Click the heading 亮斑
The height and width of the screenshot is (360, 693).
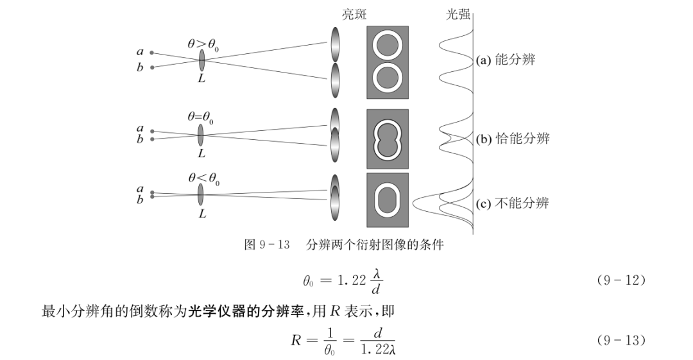[354, 14]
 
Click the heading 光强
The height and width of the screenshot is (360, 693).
[458, 14]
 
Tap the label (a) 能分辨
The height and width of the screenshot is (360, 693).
[505, 60]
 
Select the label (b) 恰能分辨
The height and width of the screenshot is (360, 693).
[512, 139]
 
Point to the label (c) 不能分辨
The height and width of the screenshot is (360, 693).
[512, 204]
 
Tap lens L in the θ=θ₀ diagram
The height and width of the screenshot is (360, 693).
[201, 135]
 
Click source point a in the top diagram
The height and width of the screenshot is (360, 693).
[151, 53]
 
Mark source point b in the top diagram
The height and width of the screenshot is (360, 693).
[151, 67]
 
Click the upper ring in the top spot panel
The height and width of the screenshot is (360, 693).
[387, 47]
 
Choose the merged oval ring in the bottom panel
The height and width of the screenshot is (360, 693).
[387, 200]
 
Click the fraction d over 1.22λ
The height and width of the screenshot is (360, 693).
[377, 341]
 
